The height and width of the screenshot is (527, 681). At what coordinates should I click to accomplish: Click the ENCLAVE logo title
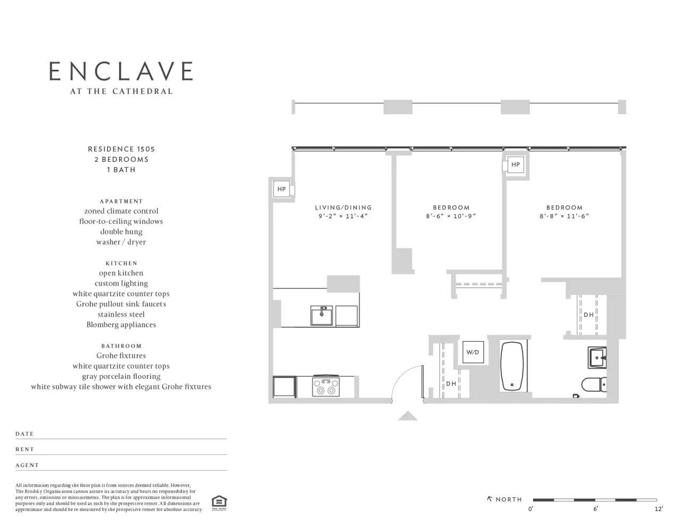[x=121, y=71]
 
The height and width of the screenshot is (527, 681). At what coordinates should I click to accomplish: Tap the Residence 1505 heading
[x=121, y=149]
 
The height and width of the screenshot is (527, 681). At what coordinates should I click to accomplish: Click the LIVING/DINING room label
[x=343, y=207]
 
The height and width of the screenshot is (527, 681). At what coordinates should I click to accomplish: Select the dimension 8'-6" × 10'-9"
[x=451, y=216]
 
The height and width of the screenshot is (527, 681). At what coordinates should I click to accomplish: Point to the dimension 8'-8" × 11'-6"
[x=564, y=216]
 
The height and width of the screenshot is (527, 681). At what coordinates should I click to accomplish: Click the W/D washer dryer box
[x=472, y=352]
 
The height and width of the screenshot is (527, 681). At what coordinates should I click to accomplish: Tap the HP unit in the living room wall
[x=281, y=189]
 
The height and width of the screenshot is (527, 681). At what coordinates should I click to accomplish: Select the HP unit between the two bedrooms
[x=515, y=165]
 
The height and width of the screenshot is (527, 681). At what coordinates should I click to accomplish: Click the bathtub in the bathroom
[x=513, y=367]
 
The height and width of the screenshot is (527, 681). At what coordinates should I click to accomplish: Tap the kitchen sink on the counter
[x=321, y=315]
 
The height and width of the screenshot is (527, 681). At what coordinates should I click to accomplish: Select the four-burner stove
[x=326, y=386]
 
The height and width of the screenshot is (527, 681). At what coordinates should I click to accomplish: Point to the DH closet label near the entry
[x=451, y=384]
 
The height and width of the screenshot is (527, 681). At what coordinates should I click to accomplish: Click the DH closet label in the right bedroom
[x=588, y=315]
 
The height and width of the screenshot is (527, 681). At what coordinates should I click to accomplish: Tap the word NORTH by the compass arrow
[x=509, y=499]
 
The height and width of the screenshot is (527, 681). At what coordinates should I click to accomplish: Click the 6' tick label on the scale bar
[x=595, y=509]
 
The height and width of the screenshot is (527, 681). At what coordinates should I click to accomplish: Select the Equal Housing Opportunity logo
[x=219, y=502]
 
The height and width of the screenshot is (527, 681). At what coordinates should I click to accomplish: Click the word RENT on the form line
[x=24, y=449]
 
